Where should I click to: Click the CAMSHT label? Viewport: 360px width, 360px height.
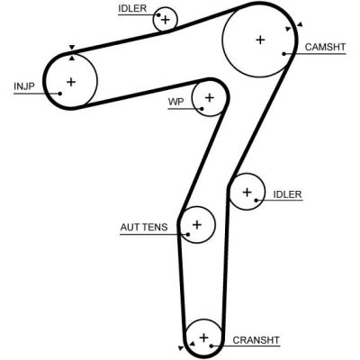click(x=325, y=47)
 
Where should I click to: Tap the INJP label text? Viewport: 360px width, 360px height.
click(x=24, y=86)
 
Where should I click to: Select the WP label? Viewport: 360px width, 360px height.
click(x=175, y=102)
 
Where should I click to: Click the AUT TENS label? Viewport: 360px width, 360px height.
click(x=144, y=227)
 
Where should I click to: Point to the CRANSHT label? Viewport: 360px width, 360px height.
click(x=256, y=340)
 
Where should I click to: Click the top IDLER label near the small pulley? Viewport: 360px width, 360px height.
click(x=132, y=9)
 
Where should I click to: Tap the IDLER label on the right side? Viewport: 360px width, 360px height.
click(x=287, y=194)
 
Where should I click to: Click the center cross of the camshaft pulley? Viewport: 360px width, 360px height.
click(x=260, y=40)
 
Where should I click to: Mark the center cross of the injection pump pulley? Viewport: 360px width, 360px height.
click(x=71, y=82)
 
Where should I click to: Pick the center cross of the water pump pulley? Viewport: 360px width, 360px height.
click(x=210, y=97)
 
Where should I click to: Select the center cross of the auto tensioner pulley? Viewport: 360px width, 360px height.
click(x=197, y=224)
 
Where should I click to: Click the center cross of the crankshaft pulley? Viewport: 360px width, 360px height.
click(x=203, y=337)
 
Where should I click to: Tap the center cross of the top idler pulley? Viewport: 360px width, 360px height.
click(x=165, y=20)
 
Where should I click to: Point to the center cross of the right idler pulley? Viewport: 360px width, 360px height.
click(x=247, y=192)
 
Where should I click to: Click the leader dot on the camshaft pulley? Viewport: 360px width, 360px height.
click(x=283, y=54)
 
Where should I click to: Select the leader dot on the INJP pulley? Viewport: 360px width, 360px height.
click(x=60, y=94)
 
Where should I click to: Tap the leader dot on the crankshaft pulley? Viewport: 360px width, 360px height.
click(x=211, y=346)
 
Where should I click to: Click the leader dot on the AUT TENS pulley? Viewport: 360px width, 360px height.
click(x=188, y=234)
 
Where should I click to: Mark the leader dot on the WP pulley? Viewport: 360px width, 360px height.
click(x=202, y=109)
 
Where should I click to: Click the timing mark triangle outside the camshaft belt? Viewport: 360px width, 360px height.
click(x=300, y=24)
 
